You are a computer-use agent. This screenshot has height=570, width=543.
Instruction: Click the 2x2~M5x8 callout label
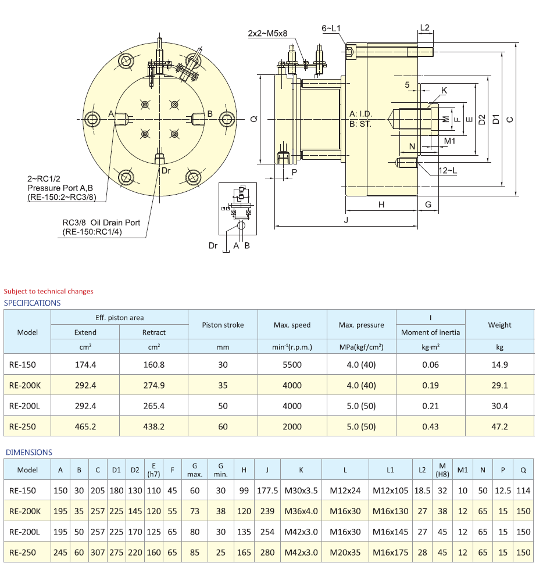268,34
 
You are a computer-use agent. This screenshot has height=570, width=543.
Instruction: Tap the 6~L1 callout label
331,28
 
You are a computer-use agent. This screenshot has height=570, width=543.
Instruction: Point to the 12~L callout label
447,170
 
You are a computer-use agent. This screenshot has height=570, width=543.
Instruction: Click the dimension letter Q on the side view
253,119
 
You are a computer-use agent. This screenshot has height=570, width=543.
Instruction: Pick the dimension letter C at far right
510,120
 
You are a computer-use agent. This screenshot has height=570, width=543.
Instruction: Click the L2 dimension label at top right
424,28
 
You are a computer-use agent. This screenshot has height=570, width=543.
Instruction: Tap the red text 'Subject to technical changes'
48,291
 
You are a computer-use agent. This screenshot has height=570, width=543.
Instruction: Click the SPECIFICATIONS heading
32,303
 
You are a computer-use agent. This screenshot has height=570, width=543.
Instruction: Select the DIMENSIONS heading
28,452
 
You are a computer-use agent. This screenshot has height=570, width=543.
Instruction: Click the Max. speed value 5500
292,365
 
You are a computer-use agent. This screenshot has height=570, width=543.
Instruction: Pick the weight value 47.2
499,426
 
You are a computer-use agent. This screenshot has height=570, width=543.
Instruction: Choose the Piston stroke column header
223,325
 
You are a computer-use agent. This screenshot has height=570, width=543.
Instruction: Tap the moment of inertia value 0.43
430,426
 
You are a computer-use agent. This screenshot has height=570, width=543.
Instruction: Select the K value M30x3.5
301,490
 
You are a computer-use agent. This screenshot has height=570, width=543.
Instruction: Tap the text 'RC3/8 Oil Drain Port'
101,223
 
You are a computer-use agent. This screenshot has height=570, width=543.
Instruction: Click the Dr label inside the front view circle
166,170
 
